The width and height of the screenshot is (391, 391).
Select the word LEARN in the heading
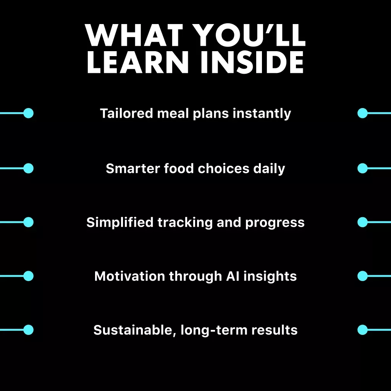tap(137, 62)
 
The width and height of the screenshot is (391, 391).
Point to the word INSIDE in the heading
tap(252, 62)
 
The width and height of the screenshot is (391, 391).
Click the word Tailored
tap(126, 113)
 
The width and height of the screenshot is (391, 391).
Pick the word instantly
tap(262, 114)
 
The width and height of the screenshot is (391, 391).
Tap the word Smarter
tap(132, 168)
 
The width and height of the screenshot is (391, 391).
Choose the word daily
tap(269, 169)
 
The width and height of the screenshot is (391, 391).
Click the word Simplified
tap(120, 223)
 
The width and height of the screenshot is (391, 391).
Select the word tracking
tap(185, 223)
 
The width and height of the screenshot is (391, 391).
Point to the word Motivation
tap(130, 276)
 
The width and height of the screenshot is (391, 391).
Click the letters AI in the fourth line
tap(233, 276)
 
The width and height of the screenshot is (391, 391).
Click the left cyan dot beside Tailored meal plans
tap(28, 113)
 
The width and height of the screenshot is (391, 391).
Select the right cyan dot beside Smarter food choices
tap(362, 168)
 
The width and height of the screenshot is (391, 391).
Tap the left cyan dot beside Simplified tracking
tap(28, 222)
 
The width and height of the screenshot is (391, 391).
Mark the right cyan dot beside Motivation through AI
tap(362, 276)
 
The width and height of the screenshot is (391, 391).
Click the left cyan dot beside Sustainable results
tap(28, 330)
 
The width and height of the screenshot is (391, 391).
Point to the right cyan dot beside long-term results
tap(362, 330)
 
